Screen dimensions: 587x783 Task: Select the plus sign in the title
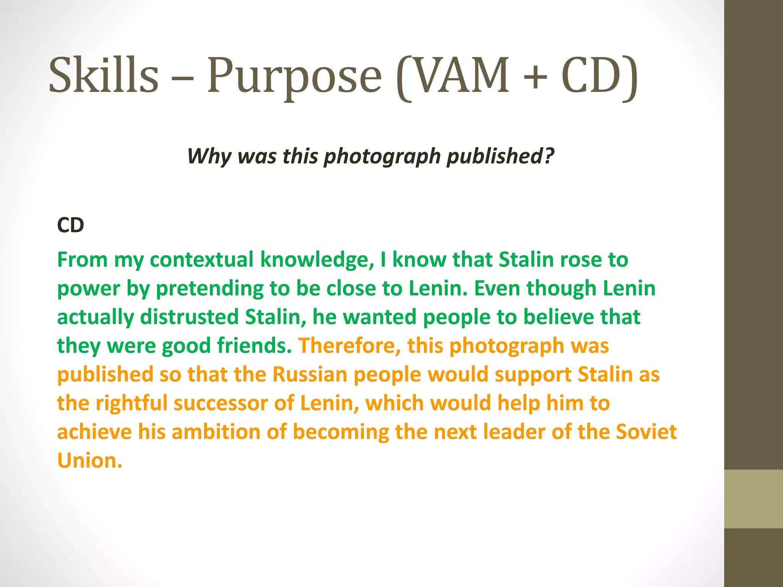[x=535, y=75]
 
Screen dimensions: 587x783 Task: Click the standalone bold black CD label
[x=70, y=225]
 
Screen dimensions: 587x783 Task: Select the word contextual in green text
[x=201, y=260]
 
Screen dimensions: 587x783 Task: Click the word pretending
[x=210, y=289]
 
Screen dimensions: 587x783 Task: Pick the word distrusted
[x=190, y=317]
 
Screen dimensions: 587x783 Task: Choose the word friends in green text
[x=254, y=345]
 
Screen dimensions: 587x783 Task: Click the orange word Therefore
[x=349, y=346]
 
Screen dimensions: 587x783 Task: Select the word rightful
[x=132, y=404]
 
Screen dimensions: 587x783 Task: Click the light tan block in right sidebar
[x=754, y=499]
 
